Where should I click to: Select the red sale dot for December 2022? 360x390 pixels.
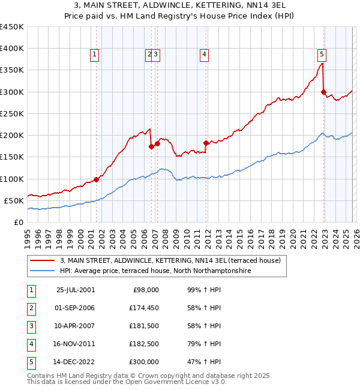323,92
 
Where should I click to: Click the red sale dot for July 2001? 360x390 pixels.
96,179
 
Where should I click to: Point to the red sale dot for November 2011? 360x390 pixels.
206,143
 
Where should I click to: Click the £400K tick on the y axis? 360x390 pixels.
11,49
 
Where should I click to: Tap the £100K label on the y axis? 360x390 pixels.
11,179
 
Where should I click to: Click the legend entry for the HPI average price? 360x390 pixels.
155,271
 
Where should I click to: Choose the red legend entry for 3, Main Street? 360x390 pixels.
166,260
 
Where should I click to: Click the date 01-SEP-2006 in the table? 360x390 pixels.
75,308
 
